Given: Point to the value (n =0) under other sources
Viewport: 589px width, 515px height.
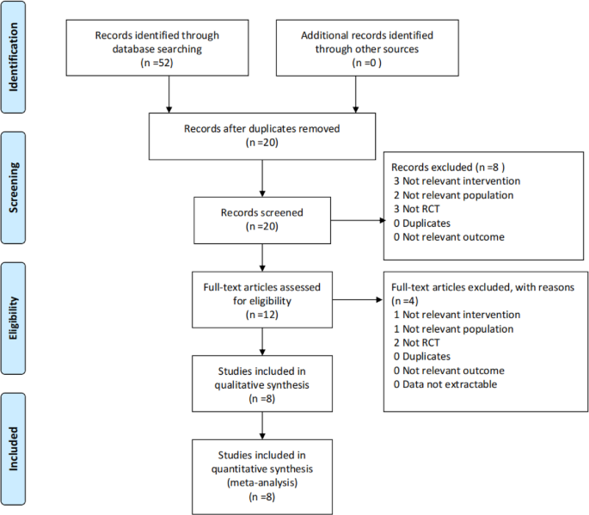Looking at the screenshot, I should coord(366,63).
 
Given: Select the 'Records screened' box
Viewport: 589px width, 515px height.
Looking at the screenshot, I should coord(261,218).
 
